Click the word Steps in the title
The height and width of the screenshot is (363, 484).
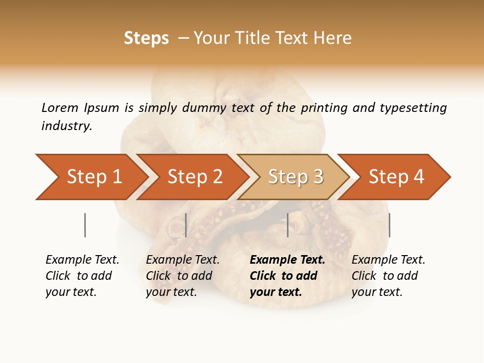146,38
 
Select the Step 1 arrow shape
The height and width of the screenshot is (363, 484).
91,177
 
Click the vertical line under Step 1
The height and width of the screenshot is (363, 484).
85,225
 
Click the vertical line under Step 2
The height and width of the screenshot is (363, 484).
186,225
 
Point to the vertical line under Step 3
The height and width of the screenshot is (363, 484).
288,225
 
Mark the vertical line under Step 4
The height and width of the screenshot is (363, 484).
389,225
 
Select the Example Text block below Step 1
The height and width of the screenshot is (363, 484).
82,276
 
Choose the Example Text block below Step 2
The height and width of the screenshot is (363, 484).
182,276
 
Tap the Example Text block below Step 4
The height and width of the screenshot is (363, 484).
388,276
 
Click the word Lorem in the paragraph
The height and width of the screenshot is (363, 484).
60,108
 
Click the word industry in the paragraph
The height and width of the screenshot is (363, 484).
66,126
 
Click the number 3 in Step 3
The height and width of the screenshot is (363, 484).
317,177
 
